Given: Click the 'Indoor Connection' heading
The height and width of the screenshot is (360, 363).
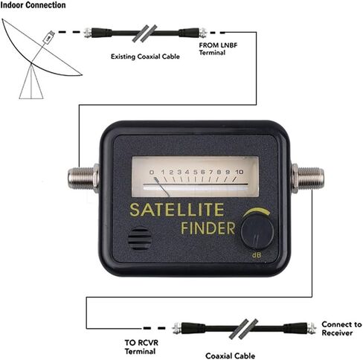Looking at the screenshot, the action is (33, 5).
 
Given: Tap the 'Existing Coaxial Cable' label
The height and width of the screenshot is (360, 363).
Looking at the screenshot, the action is (145, 57).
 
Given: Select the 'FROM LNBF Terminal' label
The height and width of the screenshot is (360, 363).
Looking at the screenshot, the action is (218, 49).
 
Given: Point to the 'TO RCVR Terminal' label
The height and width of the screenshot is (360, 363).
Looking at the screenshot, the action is (141, 347).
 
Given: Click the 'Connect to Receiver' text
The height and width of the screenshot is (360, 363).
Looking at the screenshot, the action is (341, 328).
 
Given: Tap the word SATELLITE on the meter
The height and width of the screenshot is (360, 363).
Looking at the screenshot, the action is (177, 210).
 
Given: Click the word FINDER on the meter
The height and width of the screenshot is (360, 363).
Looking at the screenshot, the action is (208, 228).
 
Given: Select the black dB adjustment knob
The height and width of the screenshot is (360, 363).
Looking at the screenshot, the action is (257, 232).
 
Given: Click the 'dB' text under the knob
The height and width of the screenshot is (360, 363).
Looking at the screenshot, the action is (257, 254).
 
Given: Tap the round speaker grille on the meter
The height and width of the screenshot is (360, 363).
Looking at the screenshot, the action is (140, 239).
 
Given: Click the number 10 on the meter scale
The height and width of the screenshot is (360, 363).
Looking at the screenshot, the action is (239, 172).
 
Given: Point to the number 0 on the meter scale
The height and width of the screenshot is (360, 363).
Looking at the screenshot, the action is (152, 172).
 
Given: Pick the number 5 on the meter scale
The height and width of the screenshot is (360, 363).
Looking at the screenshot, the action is (195, 172).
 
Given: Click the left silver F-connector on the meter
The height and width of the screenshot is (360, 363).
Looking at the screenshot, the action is (83, 178).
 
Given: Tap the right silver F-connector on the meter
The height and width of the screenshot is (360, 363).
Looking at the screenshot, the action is (308, 178).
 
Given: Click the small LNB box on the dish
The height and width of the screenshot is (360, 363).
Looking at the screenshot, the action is (48, 37).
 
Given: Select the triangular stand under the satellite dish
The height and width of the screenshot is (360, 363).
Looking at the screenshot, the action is (31, 81).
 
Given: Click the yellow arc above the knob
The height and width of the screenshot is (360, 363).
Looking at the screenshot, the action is (257, 212).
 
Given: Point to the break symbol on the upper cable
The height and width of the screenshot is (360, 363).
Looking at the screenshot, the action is (144, 33).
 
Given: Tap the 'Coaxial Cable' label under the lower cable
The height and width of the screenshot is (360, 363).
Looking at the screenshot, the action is (230, 356).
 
